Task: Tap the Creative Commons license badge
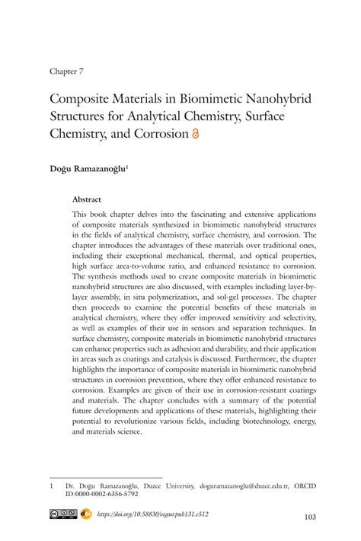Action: click(63, 515)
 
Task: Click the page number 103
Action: click(309, 517)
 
